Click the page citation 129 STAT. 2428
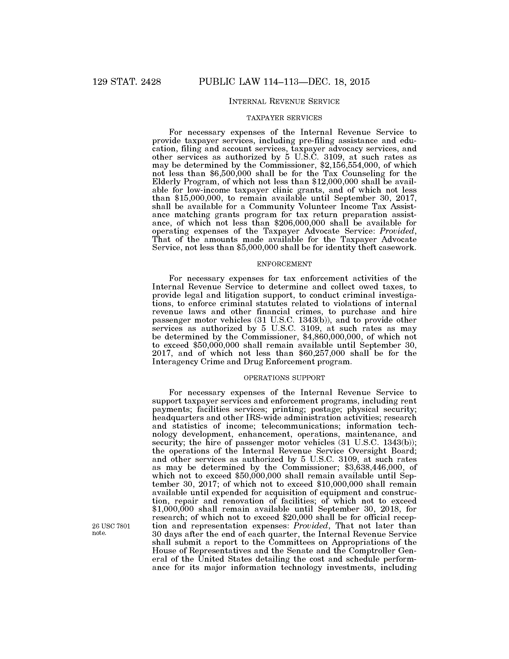[127, 82]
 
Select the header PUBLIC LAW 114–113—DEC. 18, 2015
[284, 82]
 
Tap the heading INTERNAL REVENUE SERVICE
[284, 102]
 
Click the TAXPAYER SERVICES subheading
[284, 118]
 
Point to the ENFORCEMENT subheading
[284, 264]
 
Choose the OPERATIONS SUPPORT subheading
[284, 378]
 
